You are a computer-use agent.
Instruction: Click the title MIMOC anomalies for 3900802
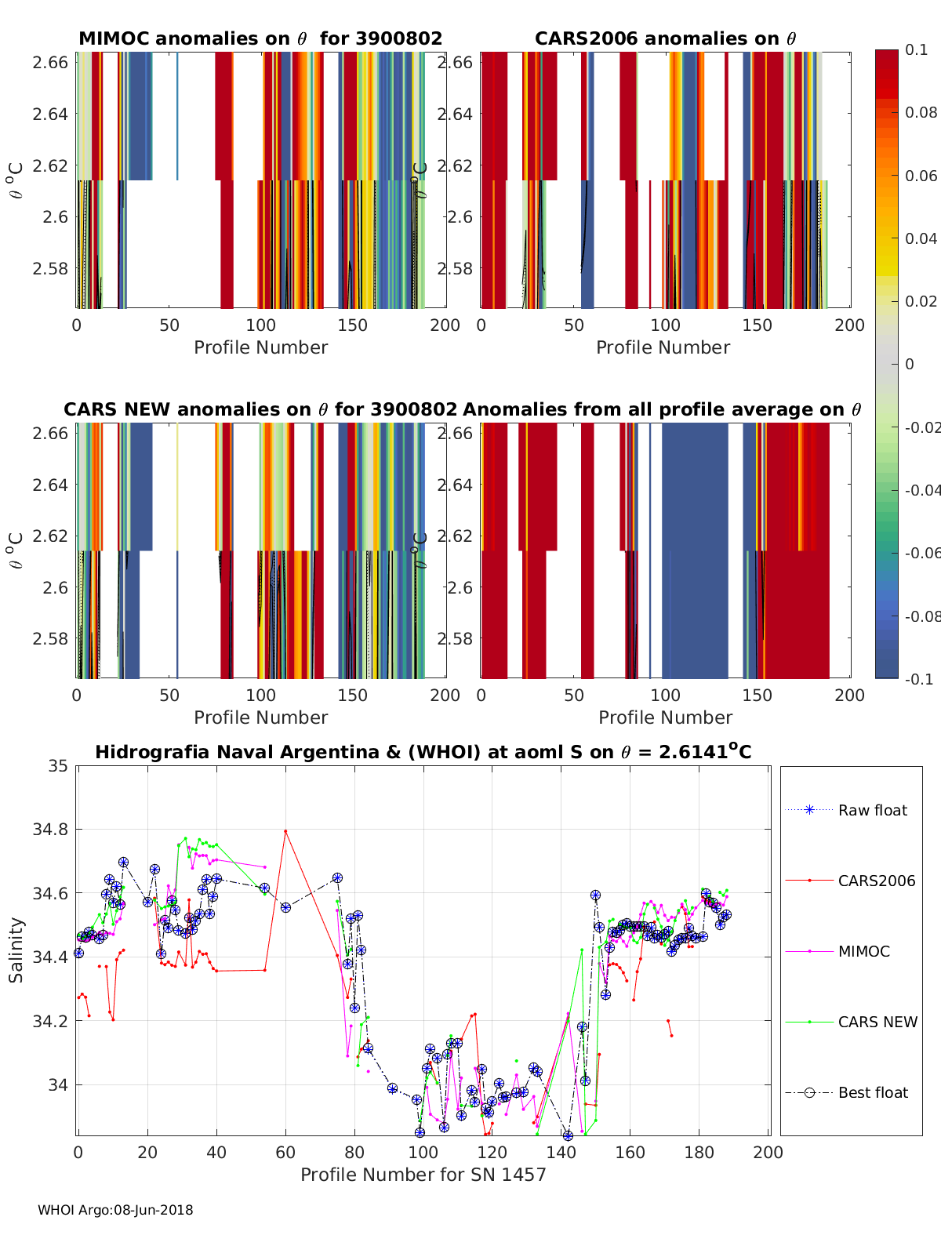(260, 39)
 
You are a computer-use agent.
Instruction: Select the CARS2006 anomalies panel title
(665, 39)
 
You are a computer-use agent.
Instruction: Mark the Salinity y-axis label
(16, 950)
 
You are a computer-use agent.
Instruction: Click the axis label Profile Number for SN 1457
(423, 1175)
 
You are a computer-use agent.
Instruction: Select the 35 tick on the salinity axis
(59, 766)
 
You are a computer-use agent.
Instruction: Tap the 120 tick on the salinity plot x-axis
(492, 1153)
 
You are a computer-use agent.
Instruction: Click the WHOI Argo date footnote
(115, 1211)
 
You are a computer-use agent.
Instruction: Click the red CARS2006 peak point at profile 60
(285, 831)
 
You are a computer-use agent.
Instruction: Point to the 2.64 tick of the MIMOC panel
(50, 114)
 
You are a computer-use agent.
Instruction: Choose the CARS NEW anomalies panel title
(260, 410)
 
